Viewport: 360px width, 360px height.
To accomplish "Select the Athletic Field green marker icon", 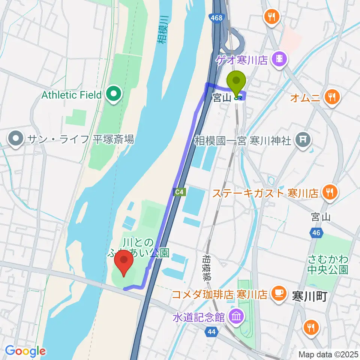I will point(113,94).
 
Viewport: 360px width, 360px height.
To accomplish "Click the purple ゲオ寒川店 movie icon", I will point(280,58).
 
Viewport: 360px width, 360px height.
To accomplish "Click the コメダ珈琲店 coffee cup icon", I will point(277,293).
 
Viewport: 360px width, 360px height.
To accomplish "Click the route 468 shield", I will point(216,18).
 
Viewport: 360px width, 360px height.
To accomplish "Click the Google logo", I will point(25,351).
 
